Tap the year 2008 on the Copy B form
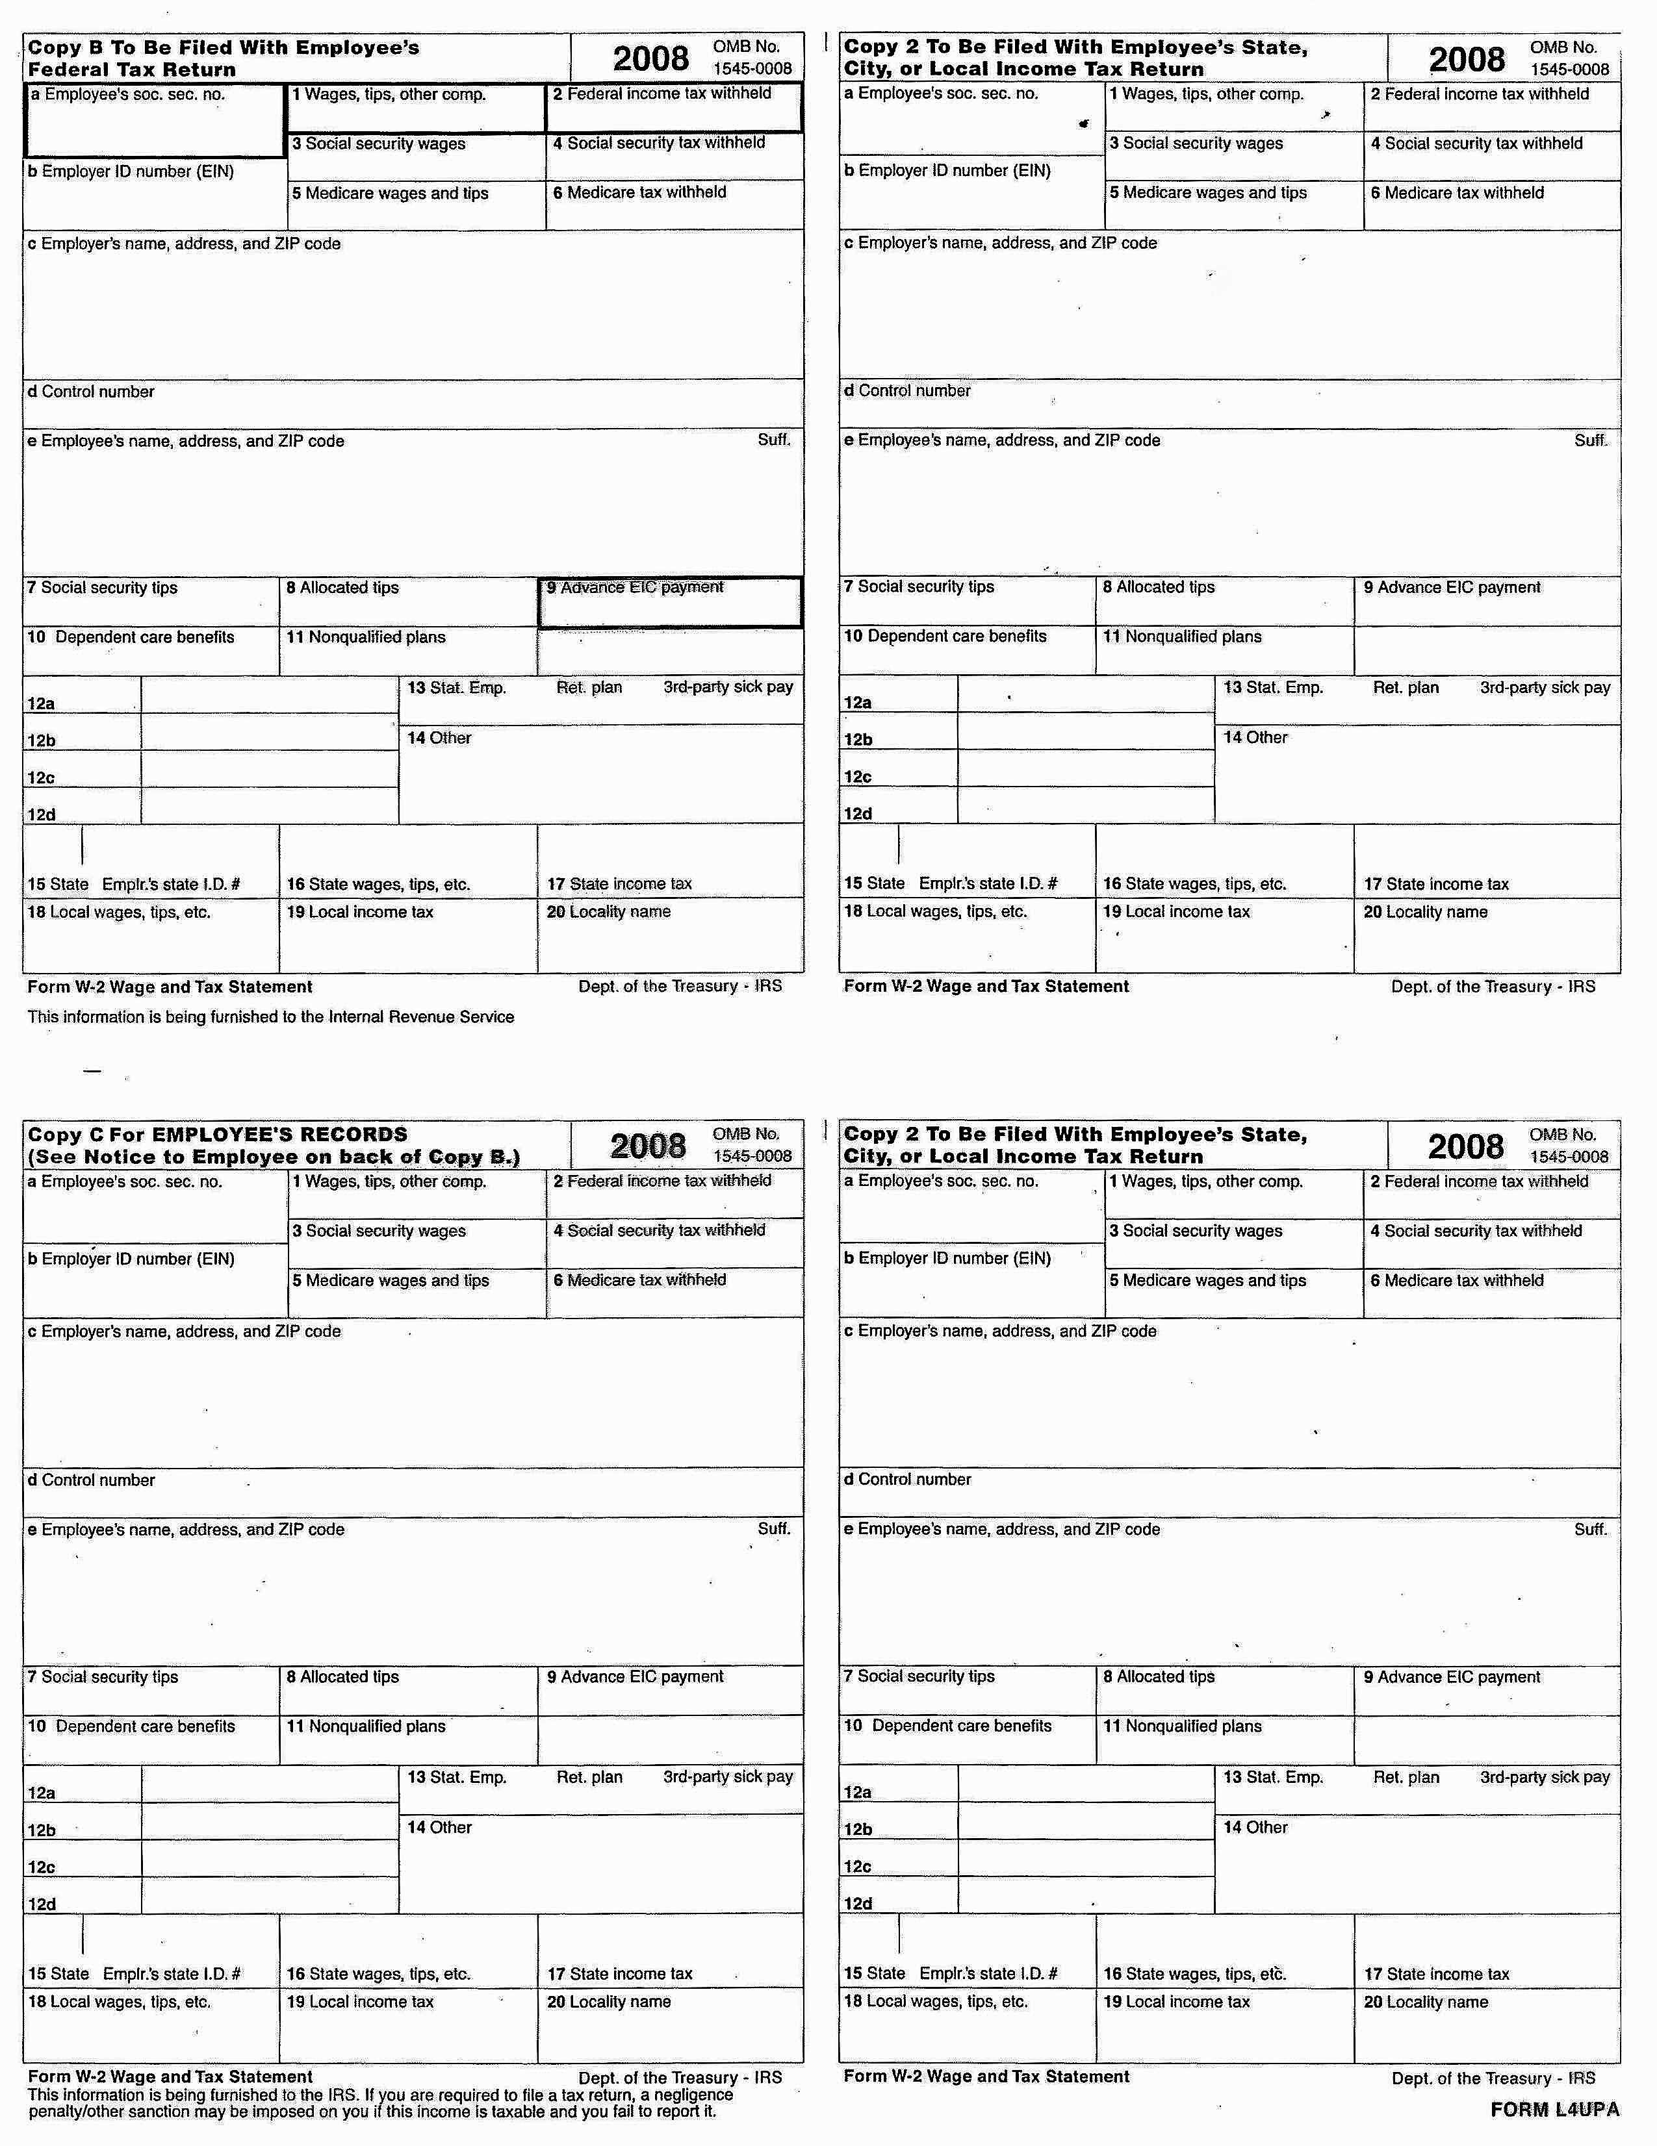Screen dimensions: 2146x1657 [650, 59]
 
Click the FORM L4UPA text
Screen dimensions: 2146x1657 [1554, 2109]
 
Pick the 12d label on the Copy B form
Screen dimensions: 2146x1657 [42, 814]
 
